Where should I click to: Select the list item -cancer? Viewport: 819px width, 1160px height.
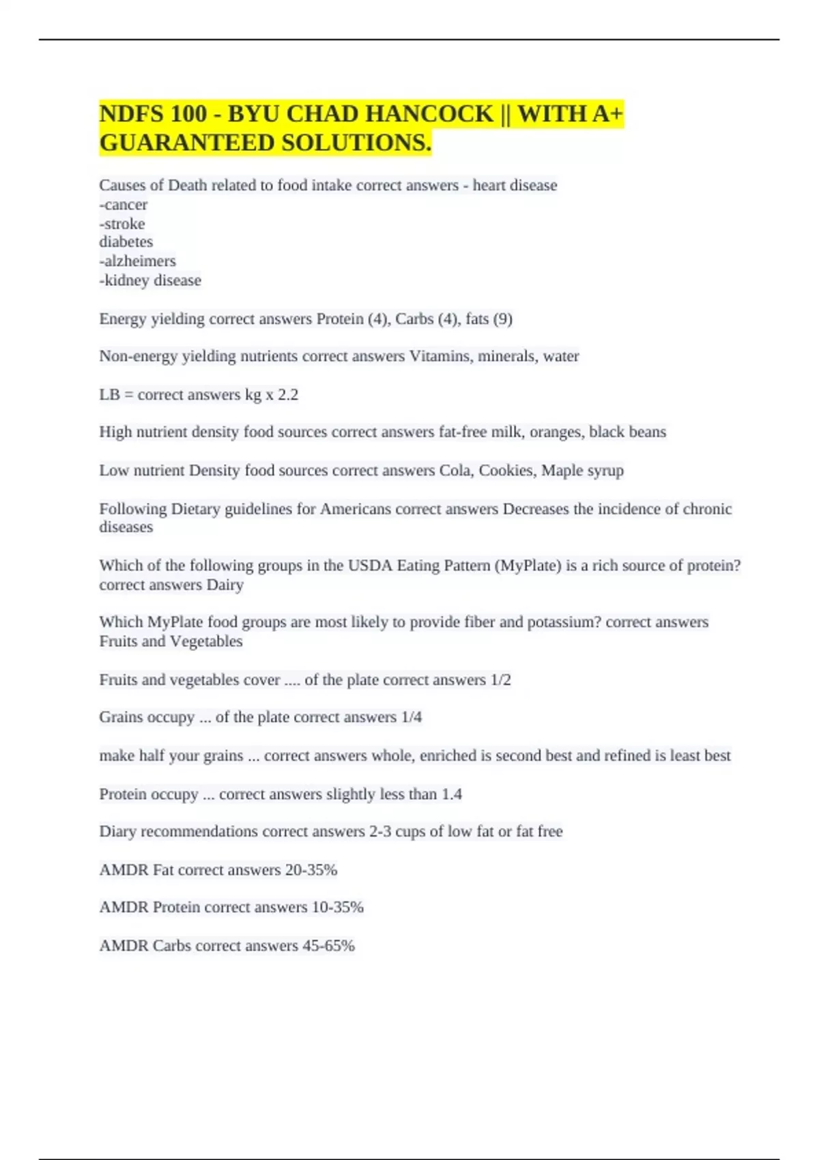124,205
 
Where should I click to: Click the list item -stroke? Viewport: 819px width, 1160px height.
122,224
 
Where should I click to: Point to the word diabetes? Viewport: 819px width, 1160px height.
126,242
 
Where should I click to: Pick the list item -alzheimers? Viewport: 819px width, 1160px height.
138,261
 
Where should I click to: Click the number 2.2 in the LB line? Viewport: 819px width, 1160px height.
288,394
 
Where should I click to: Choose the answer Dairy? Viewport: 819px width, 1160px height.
225,585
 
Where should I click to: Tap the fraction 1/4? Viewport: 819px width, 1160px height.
412,717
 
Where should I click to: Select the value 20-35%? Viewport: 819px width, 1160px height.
311,870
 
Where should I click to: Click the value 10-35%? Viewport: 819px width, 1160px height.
337,908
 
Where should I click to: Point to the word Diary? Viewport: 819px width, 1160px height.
117,832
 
